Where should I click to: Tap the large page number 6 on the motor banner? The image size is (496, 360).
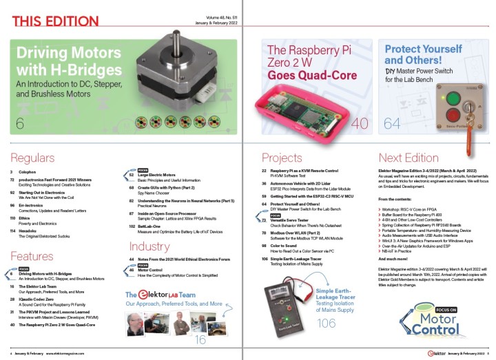click(19, 123)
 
